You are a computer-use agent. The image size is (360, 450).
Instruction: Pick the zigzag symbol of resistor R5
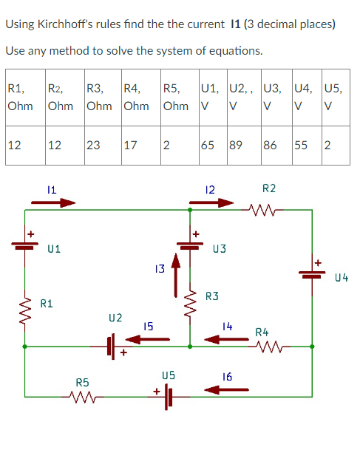tap(81, 396)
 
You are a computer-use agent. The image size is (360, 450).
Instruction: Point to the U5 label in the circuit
tap(169, 376)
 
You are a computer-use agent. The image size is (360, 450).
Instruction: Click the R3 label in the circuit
tap(212, 297)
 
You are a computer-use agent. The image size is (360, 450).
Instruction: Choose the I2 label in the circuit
tap(210, 190)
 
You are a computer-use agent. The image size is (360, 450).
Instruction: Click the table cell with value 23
tap(93, 144)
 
